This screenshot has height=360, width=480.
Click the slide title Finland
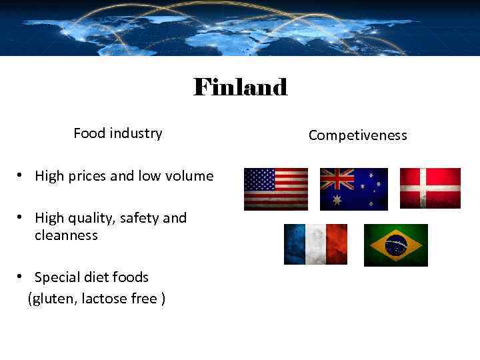(x=240, y=87)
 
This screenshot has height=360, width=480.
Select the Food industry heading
(x=117, y=133)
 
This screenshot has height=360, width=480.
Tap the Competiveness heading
(x=357, y=135)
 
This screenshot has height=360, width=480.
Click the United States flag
(x=276, y=189)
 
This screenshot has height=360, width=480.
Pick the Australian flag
(x=353, y=189)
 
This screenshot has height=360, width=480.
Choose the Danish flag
(x=430, y=188)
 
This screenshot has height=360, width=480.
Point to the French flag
(x=315, y=244)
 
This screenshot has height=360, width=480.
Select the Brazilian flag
(x=395, y=245)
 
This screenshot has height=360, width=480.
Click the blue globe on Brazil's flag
(x=396, y=245)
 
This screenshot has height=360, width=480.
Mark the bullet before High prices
(x=22, y=176)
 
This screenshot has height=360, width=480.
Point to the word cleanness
(x=66, y=235)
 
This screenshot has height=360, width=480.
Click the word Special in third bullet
(x=58, y=277)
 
